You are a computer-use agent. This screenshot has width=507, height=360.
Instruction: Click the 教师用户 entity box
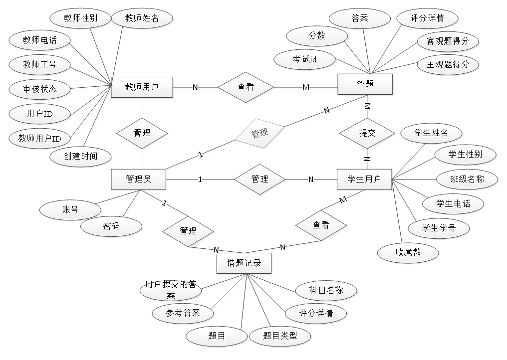142,87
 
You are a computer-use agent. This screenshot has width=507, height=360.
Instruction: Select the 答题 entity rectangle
365,84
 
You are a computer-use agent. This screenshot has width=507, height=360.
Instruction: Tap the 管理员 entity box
138,179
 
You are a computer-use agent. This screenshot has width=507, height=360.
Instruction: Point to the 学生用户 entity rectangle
364,179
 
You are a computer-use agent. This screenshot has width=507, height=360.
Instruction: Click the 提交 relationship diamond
367,133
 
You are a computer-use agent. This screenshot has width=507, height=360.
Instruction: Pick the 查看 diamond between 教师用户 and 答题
246,87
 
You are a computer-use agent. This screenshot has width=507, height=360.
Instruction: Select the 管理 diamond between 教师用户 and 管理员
142,133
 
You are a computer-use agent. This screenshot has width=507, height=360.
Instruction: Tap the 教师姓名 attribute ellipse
142,18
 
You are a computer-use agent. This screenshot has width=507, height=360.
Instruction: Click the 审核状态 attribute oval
40,89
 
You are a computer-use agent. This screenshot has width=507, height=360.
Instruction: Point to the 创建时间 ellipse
80,157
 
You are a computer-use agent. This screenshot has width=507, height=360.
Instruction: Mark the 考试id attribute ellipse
305,59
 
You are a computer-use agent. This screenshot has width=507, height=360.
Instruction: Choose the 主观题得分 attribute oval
448,65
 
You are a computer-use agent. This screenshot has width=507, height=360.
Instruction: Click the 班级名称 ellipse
467,179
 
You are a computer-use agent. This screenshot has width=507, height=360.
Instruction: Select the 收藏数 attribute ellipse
408,253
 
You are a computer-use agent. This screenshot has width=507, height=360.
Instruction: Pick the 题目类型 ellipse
280,336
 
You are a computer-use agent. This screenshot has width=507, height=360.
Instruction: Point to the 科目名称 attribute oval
326,290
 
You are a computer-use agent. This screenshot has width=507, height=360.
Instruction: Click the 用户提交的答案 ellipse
171,290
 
